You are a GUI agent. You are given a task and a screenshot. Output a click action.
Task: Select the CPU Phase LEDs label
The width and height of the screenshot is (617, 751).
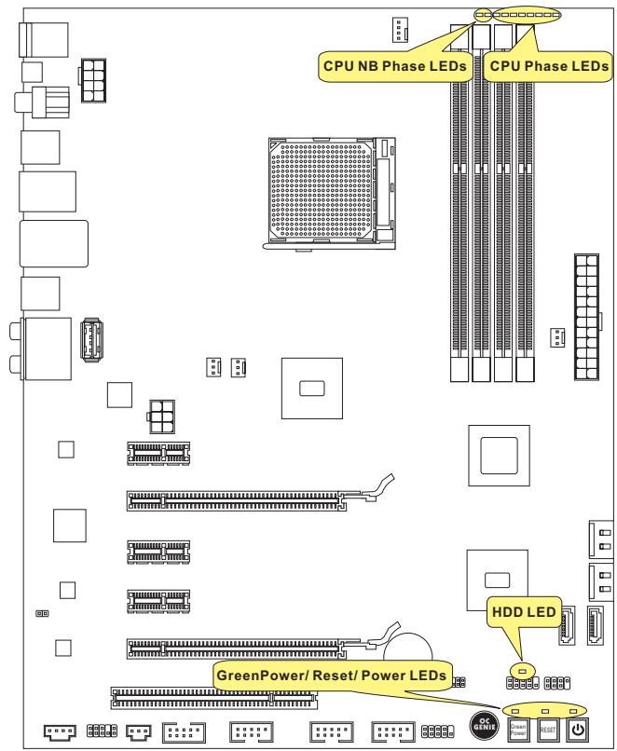pos(547,66)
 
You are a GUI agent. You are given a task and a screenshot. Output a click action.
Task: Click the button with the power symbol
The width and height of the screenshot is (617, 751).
pos(579,730)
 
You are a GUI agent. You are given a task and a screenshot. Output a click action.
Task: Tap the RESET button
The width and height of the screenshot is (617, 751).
pos(549,730)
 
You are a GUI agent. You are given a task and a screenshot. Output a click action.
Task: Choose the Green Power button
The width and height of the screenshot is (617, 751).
pos(519,730)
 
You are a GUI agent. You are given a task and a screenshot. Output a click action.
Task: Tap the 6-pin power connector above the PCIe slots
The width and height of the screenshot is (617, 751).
pos(161,417)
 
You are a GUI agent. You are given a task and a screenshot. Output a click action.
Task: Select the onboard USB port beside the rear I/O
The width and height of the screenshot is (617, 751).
pos(91,341)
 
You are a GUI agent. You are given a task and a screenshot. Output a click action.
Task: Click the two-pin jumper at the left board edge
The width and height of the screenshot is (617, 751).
pos(41,614)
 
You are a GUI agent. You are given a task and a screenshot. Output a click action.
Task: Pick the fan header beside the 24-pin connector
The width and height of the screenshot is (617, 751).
pos(556,338)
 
